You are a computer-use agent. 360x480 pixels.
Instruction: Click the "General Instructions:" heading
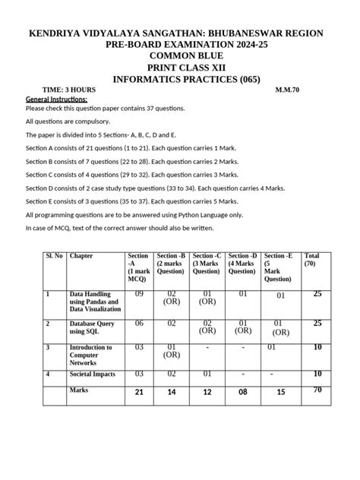[56, 99]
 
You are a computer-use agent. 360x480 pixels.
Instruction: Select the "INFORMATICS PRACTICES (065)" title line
[179, 77]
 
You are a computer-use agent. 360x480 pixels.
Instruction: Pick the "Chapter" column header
[81, 256]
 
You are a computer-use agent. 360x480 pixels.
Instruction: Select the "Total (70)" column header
[311, 260]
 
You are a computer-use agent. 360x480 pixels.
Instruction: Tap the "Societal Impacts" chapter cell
[92, 374]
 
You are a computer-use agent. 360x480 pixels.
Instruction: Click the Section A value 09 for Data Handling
[139, 293]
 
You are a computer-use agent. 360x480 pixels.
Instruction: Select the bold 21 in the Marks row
[139, 392]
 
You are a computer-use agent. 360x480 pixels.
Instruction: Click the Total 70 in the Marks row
[317, 390]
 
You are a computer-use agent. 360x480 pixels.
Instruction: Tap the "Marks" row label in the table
[79, 390]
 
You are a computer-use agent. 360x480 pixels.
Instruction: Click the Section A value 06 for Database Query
[139, 323]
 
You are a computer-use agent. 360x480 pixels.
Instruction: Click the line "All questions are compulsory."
[68, 122]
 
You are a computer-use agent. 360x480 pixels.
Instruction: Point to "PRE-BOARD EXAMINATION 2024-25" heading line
[180, 45]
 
